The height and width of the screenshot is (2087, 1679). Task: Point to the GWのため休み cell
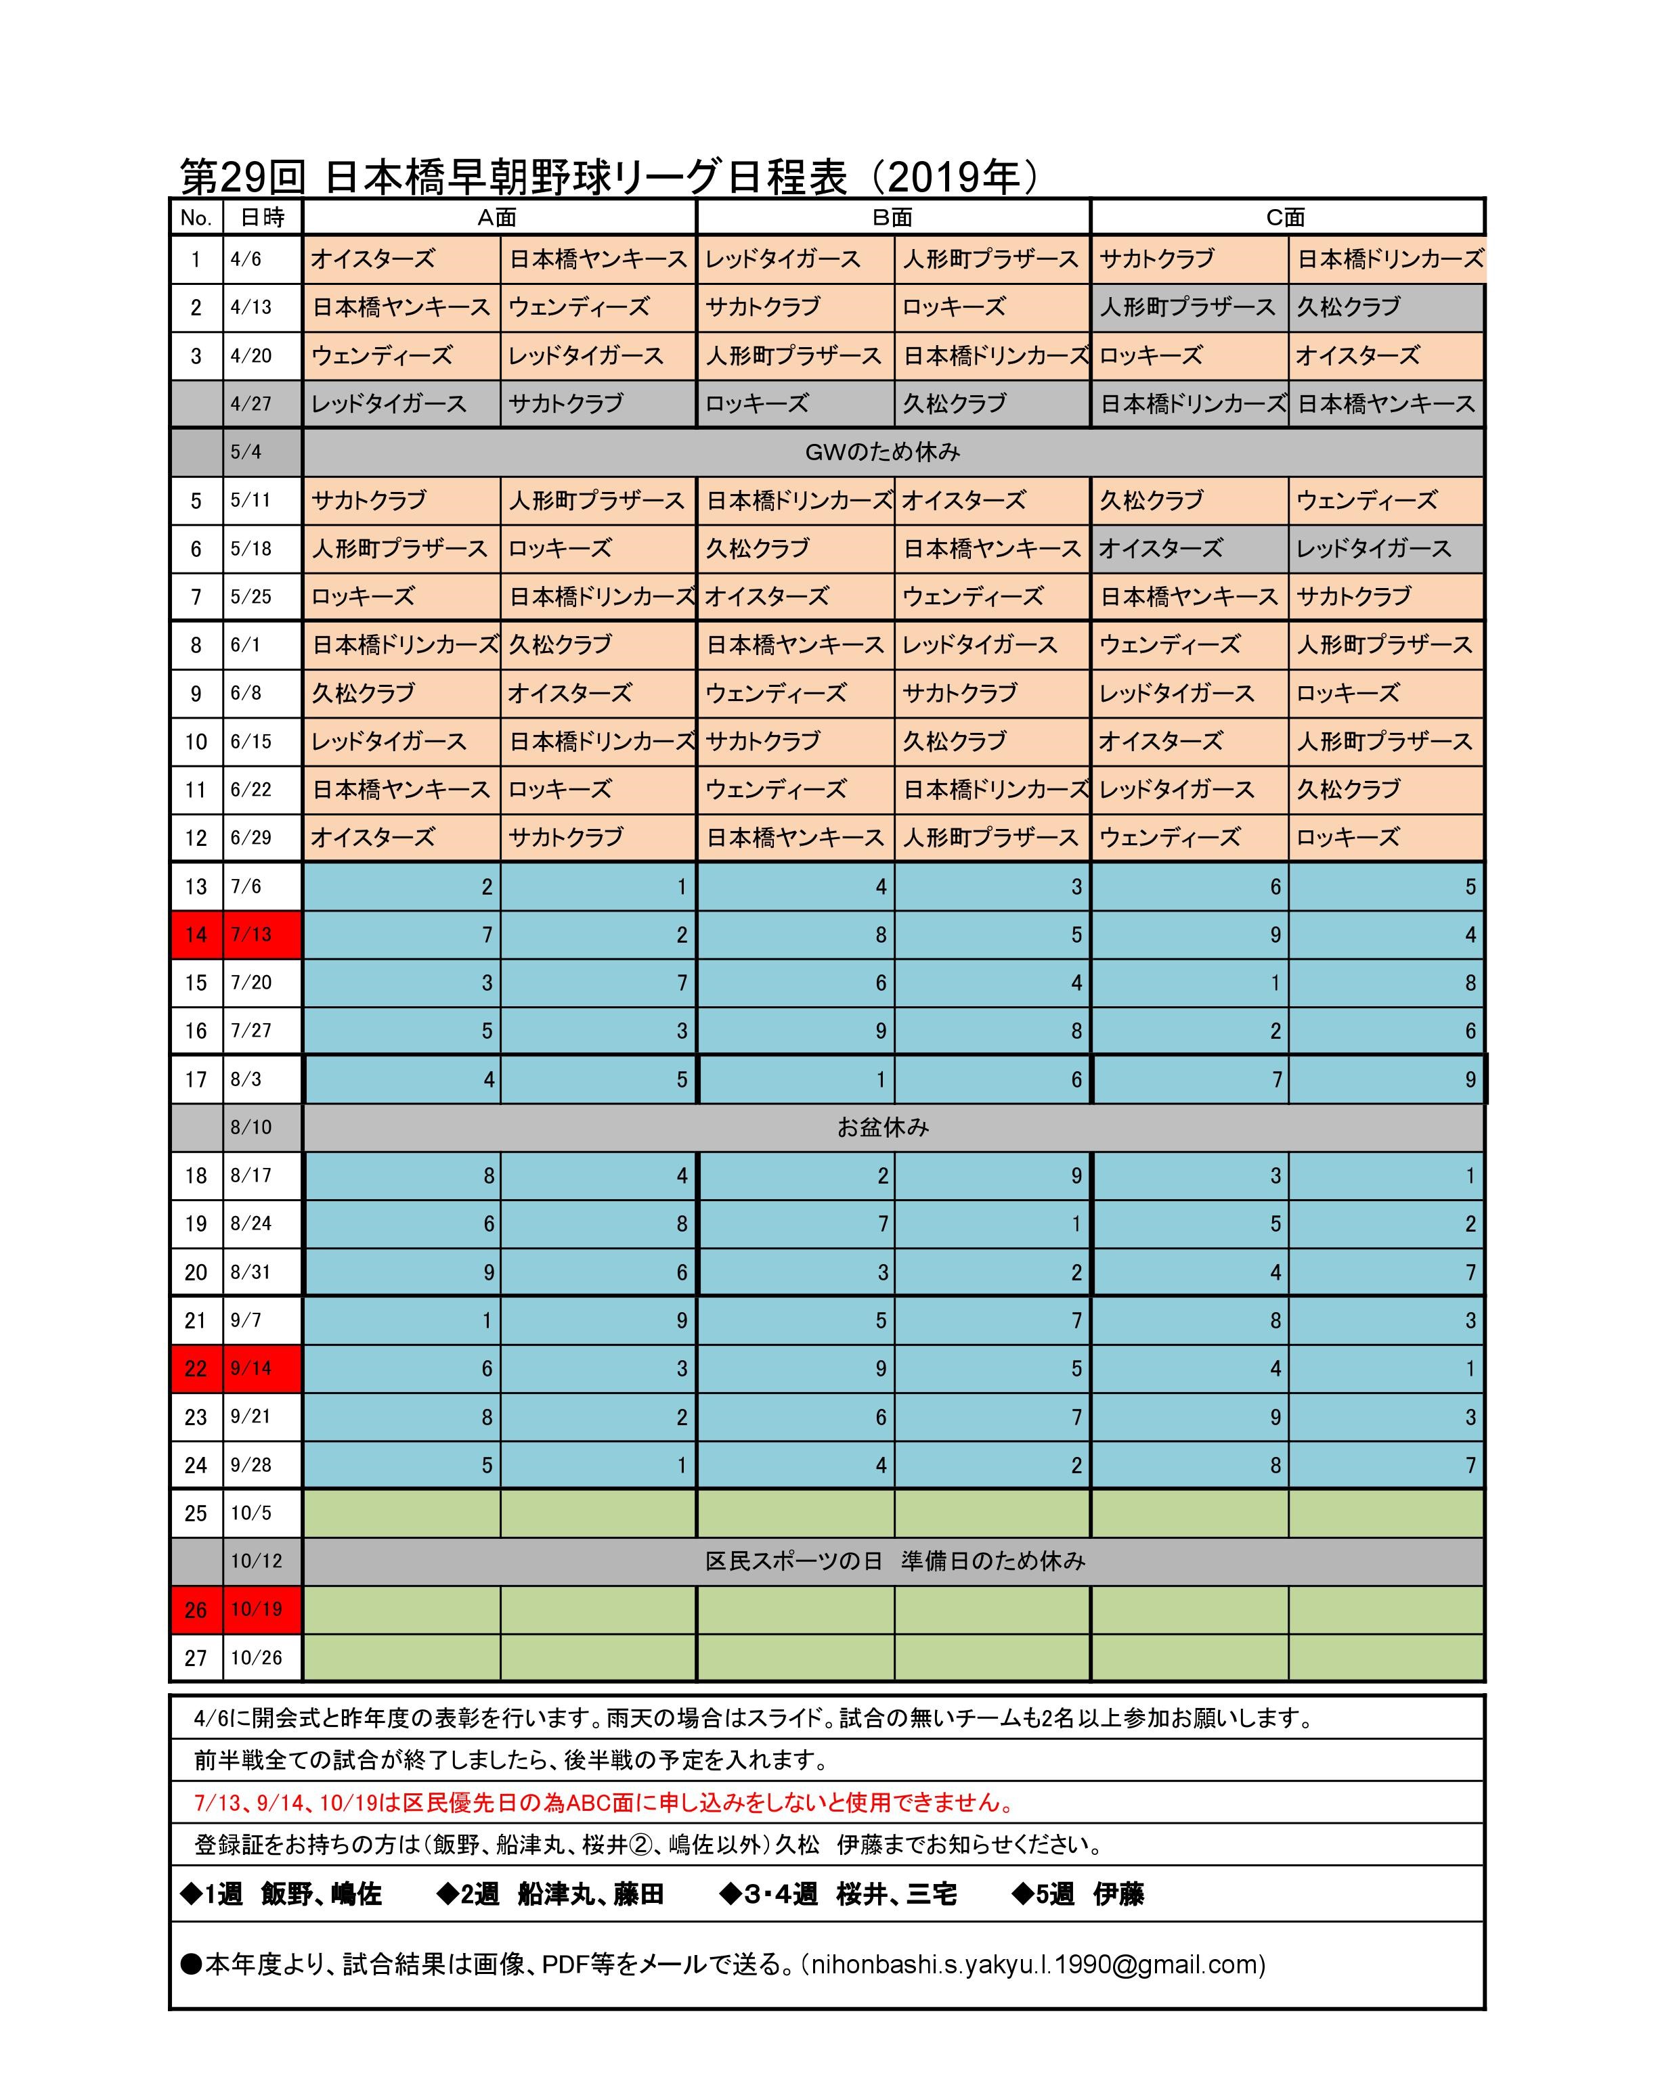[x=882, y=452]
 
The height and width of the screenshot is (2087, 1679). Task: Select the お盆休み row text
[x=882, y=1127]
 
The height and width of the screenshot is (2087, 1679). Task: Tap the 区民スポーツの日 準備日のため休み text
[x=895, y=1561]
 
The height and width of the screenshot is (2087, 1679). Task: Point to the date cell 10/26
[x=257, y=1658]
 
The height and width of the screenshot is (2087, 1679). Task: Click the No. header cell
[x=196, y=217]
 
